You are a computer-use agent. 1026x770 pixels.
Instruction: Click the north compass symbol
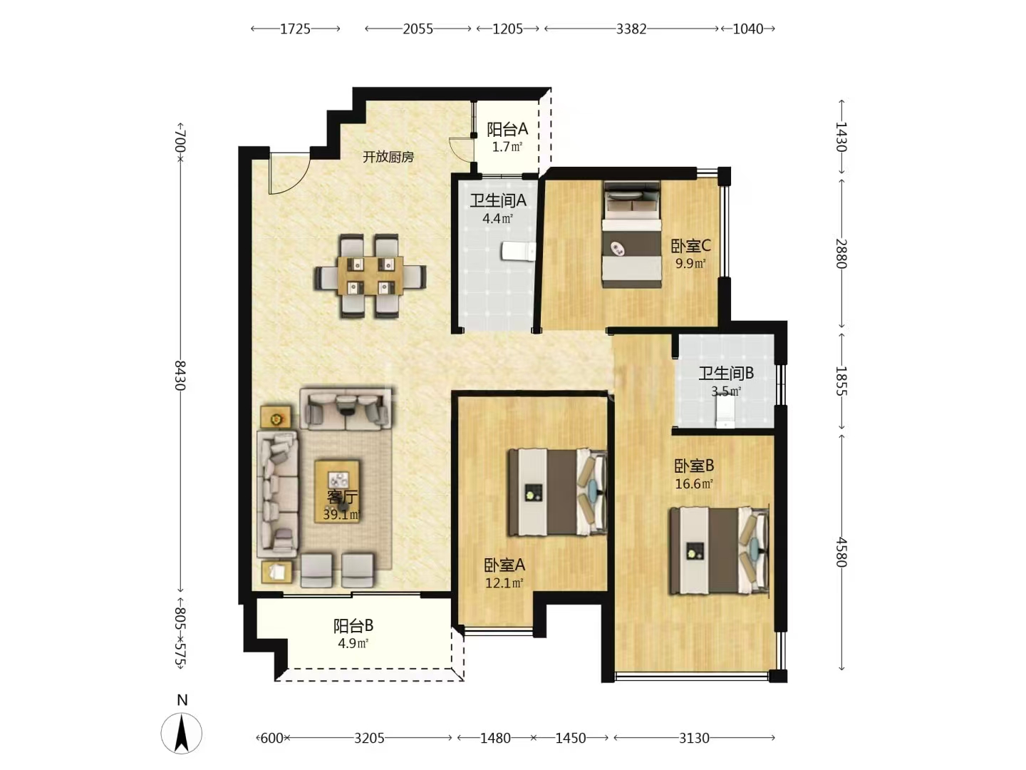(182, 733)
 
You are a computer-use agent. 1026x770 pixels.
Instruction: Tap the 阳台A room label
(507, 129)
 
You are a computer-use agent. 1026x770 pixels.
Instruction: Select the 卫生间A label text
(498, 200)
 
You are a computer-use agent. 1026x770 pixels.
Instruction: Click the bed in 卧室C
(632, 235)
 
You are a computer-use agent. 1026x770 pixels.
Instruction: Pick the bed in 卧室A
(557, 492)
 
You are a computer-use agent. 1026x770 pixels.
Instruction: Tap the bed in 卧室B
(720, 550)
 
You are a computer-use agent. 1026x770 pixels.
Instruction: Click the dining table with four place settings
(370, 276)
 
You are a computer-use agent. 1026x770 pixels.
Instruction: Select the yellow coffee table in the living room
(337, 491)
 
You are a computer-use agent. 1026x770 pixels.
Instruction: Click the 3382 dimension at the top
(631, 29)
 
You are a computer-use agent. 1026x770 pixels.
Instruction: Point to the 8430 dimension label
(180, 375)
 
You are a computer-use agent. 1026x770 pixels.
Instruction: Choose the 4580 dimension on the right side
(841, 552)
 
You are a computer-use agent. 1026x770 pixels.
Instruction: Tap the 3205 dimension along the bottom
(369, 738)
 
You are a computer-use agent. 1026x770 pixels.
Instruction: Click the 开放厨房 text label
(388, 157)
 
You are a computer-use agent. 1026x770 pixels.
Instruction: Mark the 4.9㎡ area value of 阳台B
(353, 643)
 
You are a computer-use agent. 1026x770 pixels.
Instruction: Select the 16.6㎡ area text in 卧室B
(694, 483)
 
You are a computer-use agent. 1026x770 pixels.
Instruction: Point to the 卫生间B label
(726, 373)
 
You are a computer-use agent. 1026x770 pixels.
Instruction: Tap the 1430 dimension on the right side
(841, 136)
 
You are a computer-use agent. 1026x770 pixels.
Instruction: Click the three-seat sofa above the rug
(346, 408)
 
